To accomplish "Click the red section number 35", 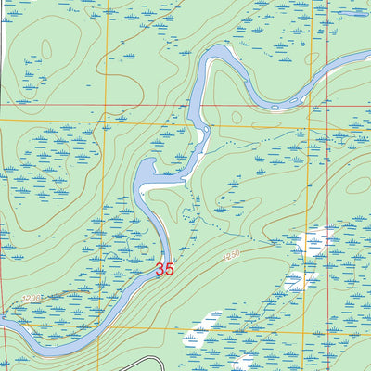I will point(165,269).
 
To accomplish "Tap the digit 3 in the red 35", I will point(160,269).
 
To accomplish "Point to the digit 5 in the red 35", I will point(170,269).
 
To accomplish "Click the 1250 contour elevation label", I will point(230,252).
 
